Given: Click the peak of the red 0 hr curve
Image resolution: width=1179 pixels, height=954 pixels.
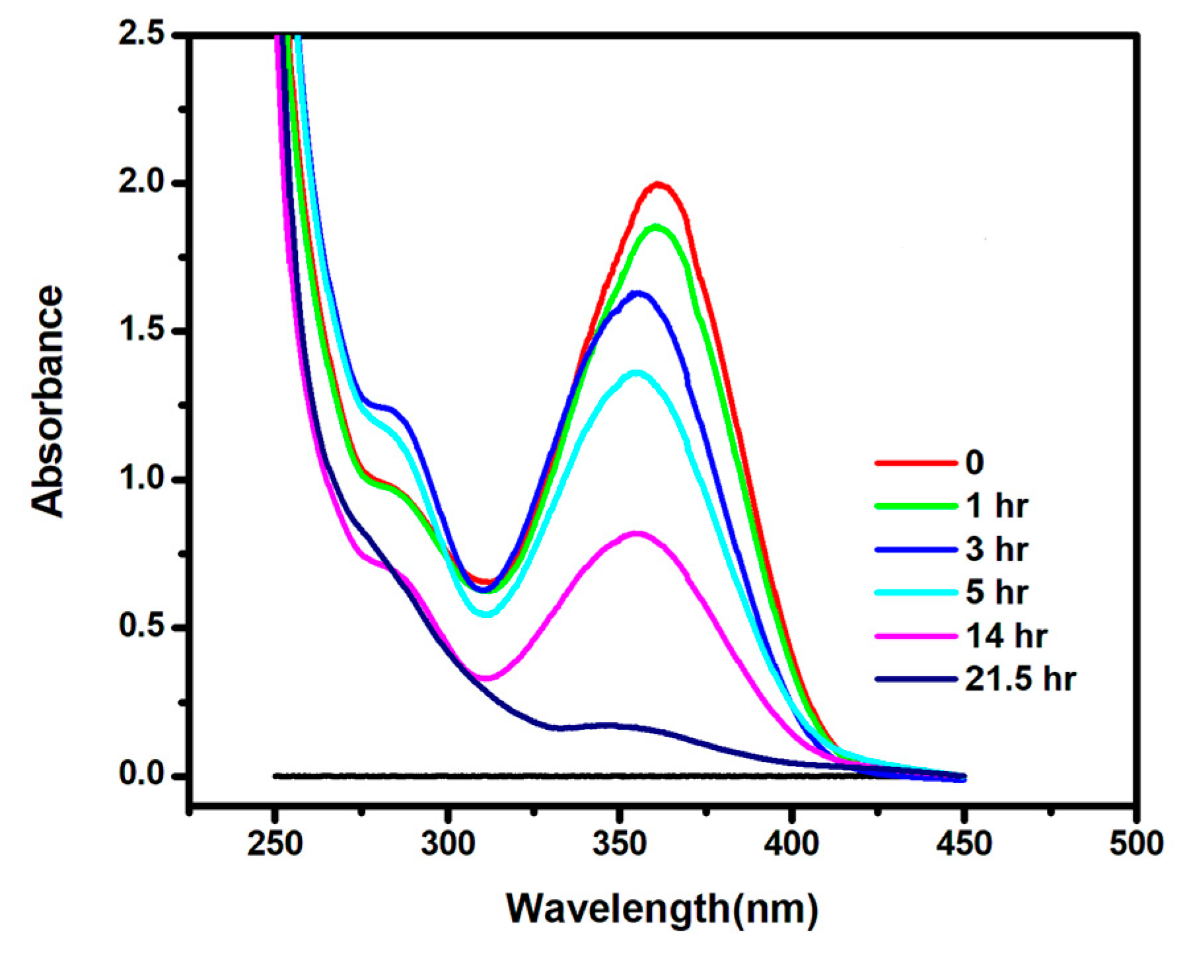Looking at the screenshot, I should click(658, 185).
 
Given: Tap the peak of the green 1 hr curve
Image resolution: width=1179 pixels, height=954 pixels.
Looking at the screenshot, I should click(656, 227).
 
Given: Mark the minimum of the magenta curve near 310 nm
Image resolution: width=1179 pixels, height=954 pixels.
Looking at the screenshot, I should click(487, 678).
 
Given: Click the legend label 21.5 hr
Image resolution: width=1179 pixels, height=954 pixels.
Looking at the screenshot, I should click(1020, 679).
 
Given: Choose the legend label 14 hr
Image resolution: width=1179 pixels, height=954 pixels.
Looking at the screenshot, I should click(1006, 636).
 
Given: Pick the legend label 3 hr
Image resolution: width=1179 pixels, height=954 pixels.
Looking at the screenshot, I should click(997, 549).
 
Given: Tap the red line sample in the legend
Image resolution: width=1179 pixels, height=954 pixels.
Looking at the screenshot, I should click(915, 463).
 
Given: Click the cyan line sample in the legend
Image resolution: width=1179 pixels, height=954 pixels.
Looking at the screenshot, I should click(915, 592).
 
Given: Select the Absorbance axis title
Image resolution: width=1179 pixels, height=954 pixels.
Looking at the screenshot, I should click(48, 401).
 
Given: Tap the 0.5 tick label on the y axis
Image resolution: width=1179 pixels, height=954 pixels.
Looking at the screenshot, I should click(141, 626).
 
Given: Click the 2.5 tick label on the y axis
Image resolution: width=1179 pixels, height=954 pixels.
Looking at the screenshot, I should click(141, 34).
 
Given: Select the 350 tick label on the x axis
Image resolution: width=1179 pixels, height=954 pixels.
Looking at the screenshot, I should click(620, 844).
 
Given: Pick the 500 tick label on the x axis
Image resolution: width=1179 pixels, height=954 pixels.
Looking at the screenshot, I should click(1135, 844).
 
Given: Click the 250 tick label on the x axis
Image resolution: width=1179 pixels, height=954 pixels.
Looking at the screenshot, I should click(275, 844).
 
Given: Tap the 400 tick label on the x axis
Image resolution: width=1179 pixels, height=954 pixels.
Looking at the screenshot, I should click(792, 844).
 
